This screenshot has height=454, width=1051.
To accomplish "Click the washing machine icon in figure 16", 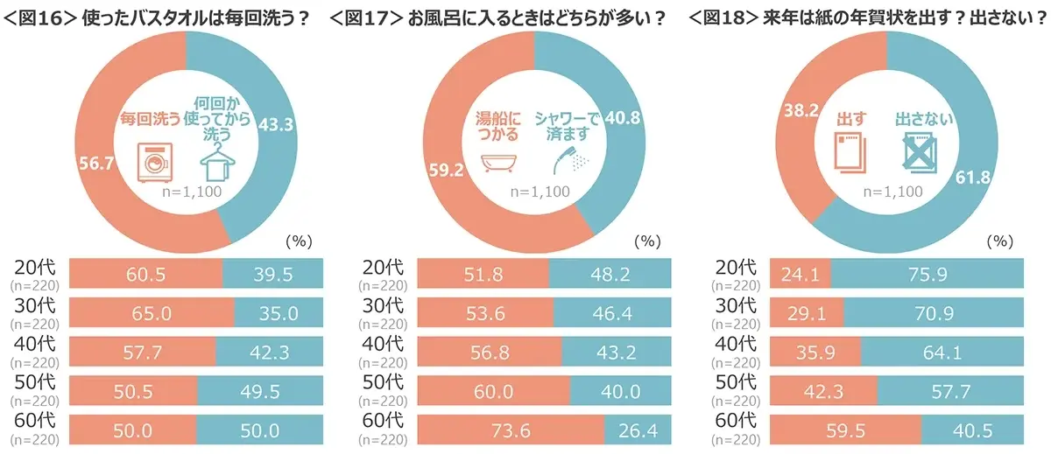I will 154,164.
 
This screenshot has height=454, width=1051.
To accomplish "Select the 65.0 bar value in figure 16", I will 151,311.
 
